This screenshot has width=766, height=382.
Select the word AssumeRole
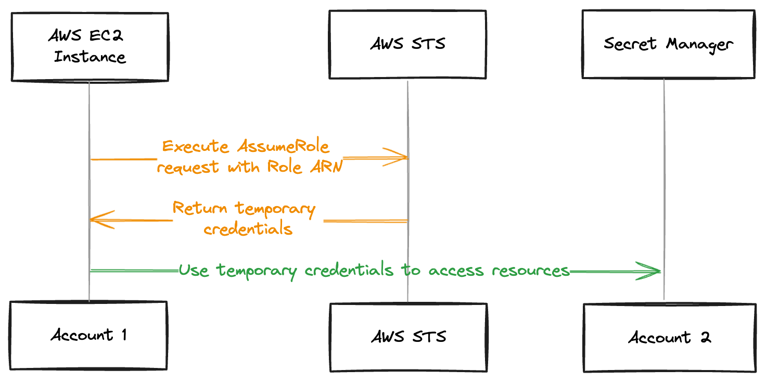pos(283,147)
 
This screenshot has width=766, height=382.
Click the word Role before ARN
pos(284,168)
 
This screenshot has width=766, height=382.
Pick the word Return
pos(200,209)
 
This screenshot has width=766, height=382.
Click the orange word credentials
pos(248,229)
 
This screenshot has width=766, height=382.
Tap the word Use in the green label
pos(194,271)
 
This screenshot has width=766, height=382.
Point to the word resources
pos(531,271)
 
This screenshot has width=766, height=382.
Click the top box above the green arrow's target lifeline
pos(668,44)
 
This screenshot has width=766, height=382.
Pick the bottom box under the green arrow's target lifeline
pos(669,338)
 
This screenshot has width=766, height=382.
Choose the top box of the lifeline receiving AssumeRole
pos(407,45)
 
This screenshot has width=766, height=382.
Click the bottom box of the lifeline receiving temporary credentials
pos(88,335)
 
